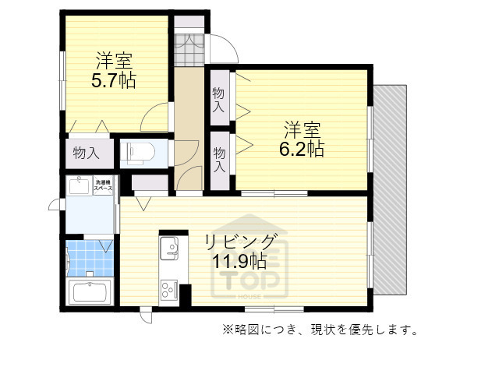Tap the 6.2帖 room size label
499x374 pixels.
tap(302, 148)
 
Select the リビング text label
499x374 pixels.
tap(240, 241)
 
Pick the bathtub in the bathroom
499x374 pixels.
tap(90, 294)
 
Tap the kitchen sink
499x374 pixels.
tap(170, 249)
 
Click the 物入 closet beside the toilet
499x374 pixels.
tap(86, 153)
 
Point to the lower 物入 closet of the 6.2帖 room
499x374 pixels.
tap(219, 159)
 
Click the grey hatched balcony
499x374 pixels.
tap(390, 187)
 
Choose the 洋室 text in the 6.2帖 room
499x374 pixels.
tap(302, 129)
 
